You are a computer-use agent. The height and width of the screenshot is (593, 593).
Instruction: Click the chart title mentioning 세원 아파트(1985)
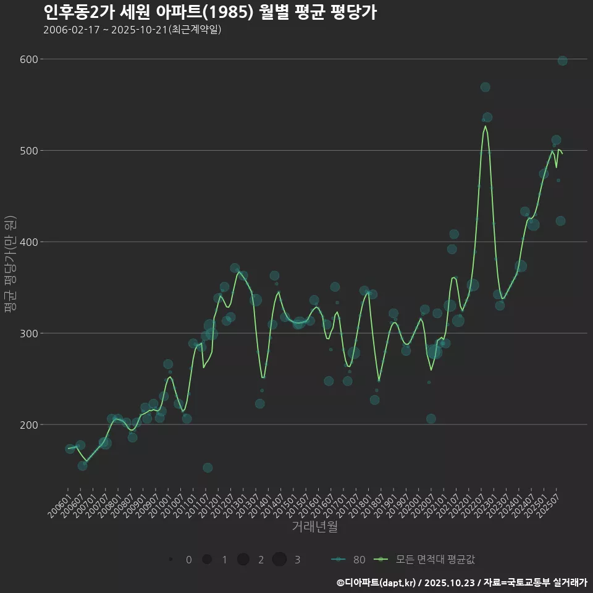coord(210,12)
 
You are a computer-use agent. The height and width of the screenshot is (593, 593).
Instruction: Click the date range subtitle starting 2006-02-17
coord(132,30)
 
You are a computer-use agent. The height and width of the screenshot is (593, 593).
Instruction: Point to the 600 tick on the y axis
coord(30,59)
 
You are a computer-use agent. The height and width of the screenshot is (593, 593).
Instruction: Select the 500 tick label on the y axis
coord(30,151)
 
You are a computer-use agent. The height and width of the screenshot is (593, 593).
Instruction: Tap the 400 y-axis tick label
coord(30,242)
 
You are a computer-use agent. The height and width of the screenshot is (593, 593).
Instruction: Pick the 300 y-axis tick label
coord(30,334)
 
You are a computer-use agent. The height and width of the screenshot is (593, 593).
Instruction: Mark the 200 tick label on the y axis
coord(30,425)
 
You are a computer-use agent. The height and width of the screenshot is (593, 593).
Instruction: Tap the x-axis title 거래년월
coord(314,527)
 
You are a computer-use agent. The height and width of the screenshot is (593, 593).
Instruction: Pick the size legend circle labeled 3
coord(279,560)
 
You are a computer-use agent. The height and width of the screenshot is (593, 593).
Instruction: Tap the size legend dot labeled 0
coord(170,560)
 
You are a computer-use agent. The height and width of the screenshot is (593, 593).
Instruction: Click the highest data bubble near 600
coord(562,61)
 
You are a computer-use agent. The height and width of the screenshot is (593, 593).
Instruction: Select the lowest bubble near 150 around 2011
coord(208,468)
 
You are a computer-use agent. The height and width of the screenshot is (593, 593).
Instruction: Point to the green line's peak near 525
coord(486,126)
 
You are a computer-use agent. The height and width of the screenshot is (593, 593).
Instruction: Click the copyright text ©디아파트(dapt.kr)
coord(377,582)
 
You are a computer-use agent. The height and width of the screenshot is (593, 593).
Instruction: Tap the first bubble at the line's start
coord(70,448)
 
